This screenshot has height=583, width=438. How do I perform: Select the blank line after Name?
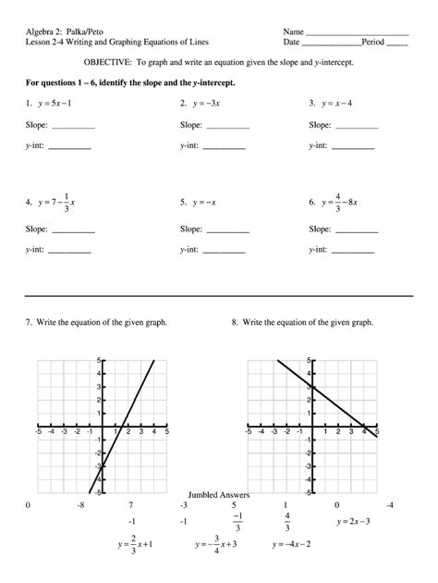356,31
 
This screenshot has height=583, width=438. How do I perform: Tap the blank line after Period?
397,43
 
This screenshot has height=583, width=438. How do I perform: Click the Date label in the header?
292,43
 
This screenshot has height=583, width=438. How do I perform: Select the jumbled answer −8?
81,505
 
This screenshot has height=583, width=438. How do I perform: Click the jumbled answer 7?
130,505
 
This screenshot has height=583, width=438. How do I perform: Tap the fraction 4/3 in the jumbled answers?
287,522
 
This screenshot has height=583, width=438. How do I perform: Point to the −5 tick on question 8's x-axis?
249,431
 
